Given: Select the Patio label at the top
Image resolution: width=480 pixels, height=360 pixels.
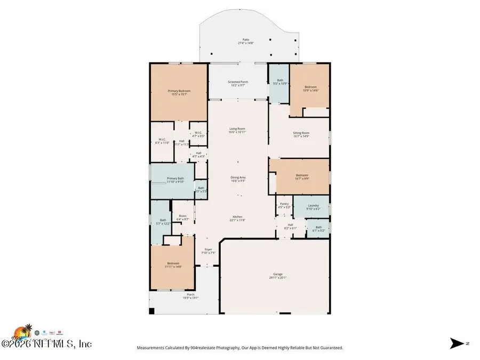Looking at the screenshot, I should click(245, 40).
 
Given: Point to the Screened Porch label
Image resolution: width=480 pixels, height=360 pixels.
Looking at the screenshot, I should click(238, 82).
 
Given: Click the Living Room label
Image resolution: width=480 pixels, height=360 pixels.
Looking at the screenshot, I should click(237, 129).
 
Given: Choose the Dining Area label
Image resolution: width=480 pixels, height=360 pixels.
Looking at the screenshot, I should click(237, 178).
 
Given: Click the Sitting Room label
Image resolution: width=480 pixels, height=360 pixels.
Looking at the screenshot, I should click(301, 133).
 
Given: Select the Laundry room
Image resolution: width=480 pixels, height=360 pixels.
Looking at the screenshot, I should click(313, 206).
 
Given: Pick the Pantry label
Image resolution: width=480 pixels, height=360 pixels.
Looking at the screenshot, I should click(284, 205).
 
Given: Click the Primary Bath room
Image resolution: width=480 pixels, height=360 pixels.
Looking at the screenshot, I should click(175, 179).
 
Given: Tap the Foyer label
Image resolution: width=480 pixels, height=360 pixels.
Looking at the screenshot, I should click(209, 250).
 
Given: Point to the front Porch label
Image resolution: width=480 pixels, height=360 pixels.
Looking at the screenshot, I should click(190, 295).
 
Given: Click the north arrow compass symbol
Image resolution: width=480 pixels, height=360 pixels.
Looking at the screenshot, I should click(457, 343).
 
